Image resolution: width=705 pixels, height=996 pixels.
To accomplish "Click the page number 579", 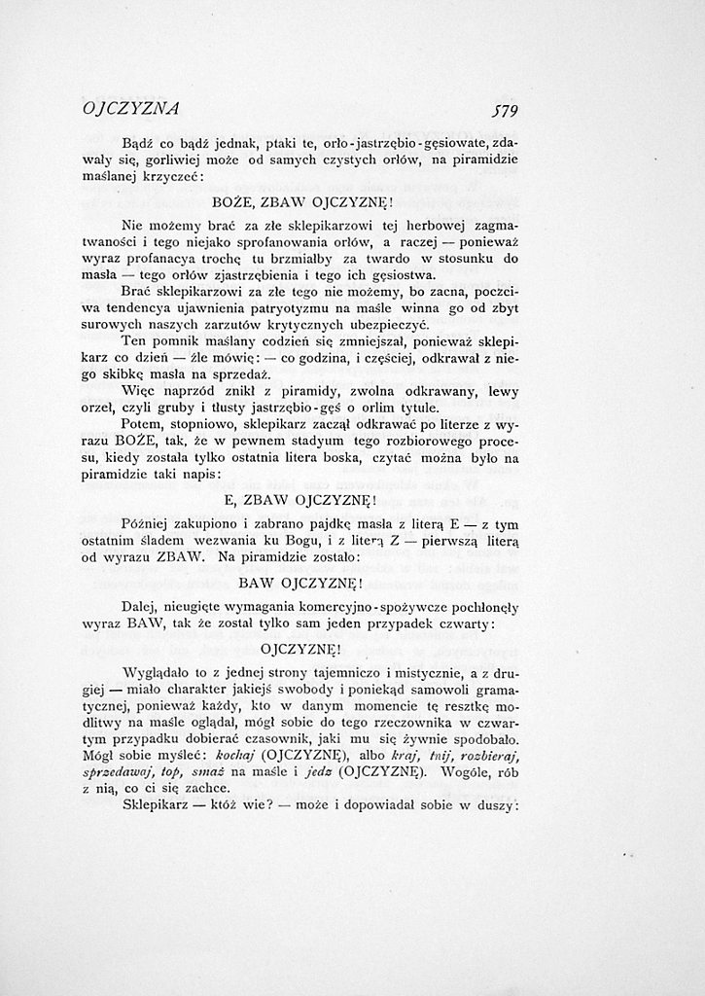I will click(x=506, y=110).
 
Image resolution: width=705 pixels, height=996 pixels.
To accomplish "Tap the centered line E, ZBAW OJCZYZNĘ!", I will click(x=300, y=501).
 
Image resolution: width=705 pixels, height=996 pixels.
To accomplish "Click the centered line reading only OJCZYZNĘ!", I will click(x=301, y=648).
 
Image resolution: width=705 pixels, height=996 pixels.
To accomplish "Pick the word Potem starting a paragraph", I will click(x=143, y=424).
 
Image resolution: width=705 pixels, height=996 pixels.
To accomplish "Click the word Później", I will click(x=146, y=525).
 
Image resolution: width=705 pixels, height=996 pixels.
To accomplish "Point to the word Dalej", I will click(x=140, y=606).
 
